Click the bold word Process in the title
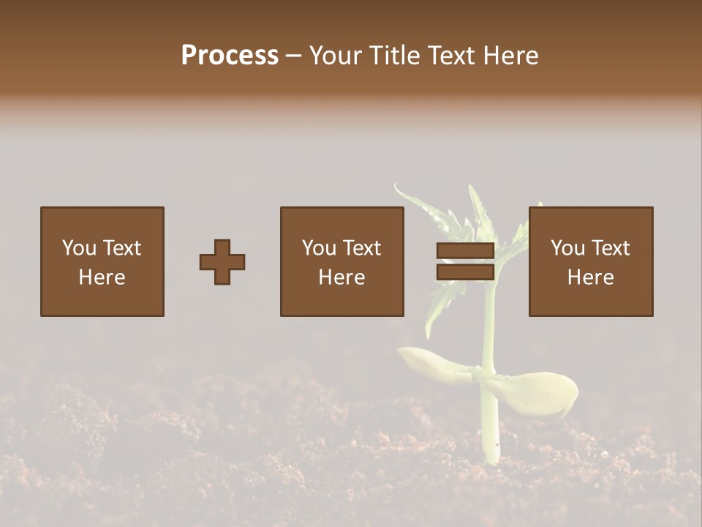pos(230,56)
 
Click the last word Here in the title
pos(511,56)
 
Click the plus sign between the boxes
pos(222,262)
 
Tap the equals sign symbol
pos(466,261)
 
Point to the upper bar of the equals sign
pos(466,251)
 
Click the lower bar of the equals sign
pos(466,272)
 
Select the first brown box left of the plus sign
pos(102,261)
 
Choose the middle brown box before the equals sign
pos(342,261)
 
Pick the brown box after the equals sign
pos(591,261)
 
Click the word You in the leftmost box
pos(79,248)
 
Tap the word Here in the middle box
pos(342,277)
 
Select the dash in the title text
pos(294,56)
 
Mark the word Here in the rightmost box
pos(591,277)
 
